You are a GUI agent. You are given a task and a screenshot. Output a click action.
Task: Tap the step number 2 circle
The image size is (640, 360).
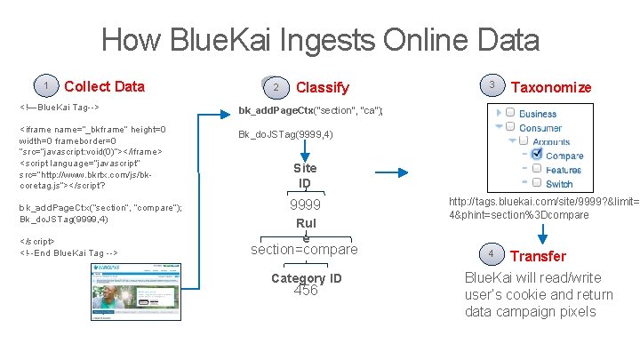(276, 86)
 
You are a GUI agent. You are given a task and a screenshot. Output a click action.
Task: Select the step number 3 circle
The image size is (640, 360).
(491, 84)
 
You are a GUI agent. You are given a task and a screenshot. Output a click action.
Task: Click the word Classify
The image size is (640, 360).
(322, 87)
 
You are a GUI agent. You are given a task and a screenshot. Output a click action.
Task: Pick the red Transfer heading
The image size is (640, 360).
(538, 256)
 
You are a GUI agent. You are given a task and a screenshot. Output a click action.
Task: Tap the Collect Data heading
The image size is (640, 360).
(105, 86)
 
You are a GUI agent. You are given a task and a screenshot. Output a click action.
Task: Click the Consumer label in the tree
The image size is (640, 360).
(540, 127)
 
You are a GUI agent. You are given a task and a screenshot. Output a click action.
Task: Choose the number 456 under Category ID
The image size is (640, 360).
(305, 290)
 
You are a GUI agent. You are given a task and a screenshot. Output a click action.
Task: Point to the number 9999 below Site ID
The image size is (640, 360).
(305, 205)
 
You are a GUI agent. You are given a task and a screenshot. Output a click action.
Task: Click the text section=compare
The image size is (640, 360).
(305, 249)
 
